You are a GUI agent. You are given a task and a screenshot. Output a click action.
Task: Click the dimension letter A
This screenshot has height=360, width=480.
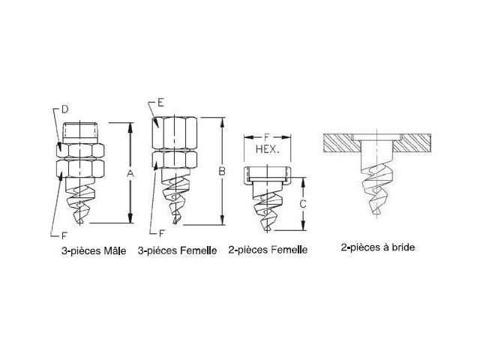(130, 173)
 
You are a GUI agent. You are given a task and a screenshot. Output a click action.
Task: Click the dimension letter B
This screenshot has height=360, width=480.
(222, 172)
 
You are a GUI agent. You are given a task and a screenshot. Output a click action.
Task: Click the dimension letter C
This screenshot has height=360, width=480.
(302, 203)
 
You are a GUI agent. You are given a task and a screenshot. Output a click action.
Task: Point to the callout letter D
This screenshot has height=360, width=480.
(64, 109)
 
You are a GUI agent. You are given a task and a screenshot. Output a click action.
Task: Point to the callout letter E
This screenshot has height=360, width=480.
(160, 101)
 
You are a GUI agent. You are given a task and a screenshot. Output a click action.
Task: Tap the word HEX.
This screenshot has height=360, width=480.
(268, 150)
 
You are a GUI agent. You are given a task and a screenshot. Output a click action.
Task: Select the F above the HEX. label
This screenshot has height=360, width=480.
(268, 137)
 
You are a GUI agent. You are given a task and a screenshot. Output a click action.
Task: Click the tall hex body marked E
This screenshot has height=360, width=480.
(173, 133)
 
